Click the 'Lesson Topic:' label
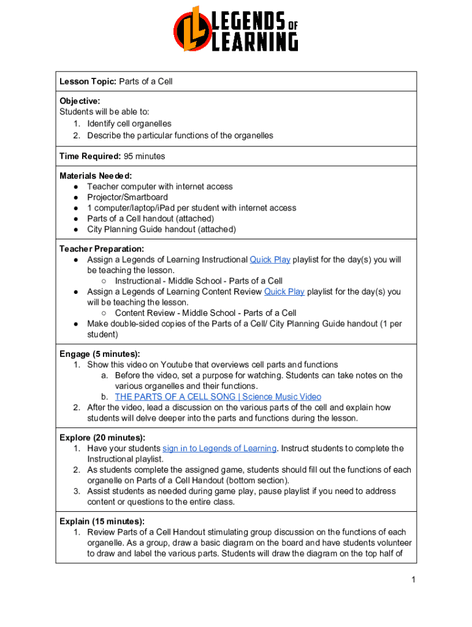coord(88,81)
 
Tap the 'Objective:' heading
coord(80,100)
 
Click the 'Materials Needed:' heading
coord(96,176)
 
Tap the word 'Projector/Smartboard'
coord(128,197)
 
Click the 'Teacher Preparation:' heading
coord(102,249)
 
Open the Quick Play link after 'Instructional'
coord(270,260)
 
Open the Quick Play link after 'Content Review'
coord(284,291)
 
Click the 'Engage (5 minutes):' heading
coord(100,354)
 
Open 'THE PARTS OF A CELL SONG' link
coord(218,397)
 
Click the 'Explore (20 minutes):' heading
coord(102,438)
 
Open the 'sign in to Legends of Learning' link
coord(219,448)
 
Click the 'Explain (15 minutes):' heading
coord(102,522)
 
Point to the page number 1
coord(414,580)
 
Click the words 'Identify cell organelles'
coord(129,124)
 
